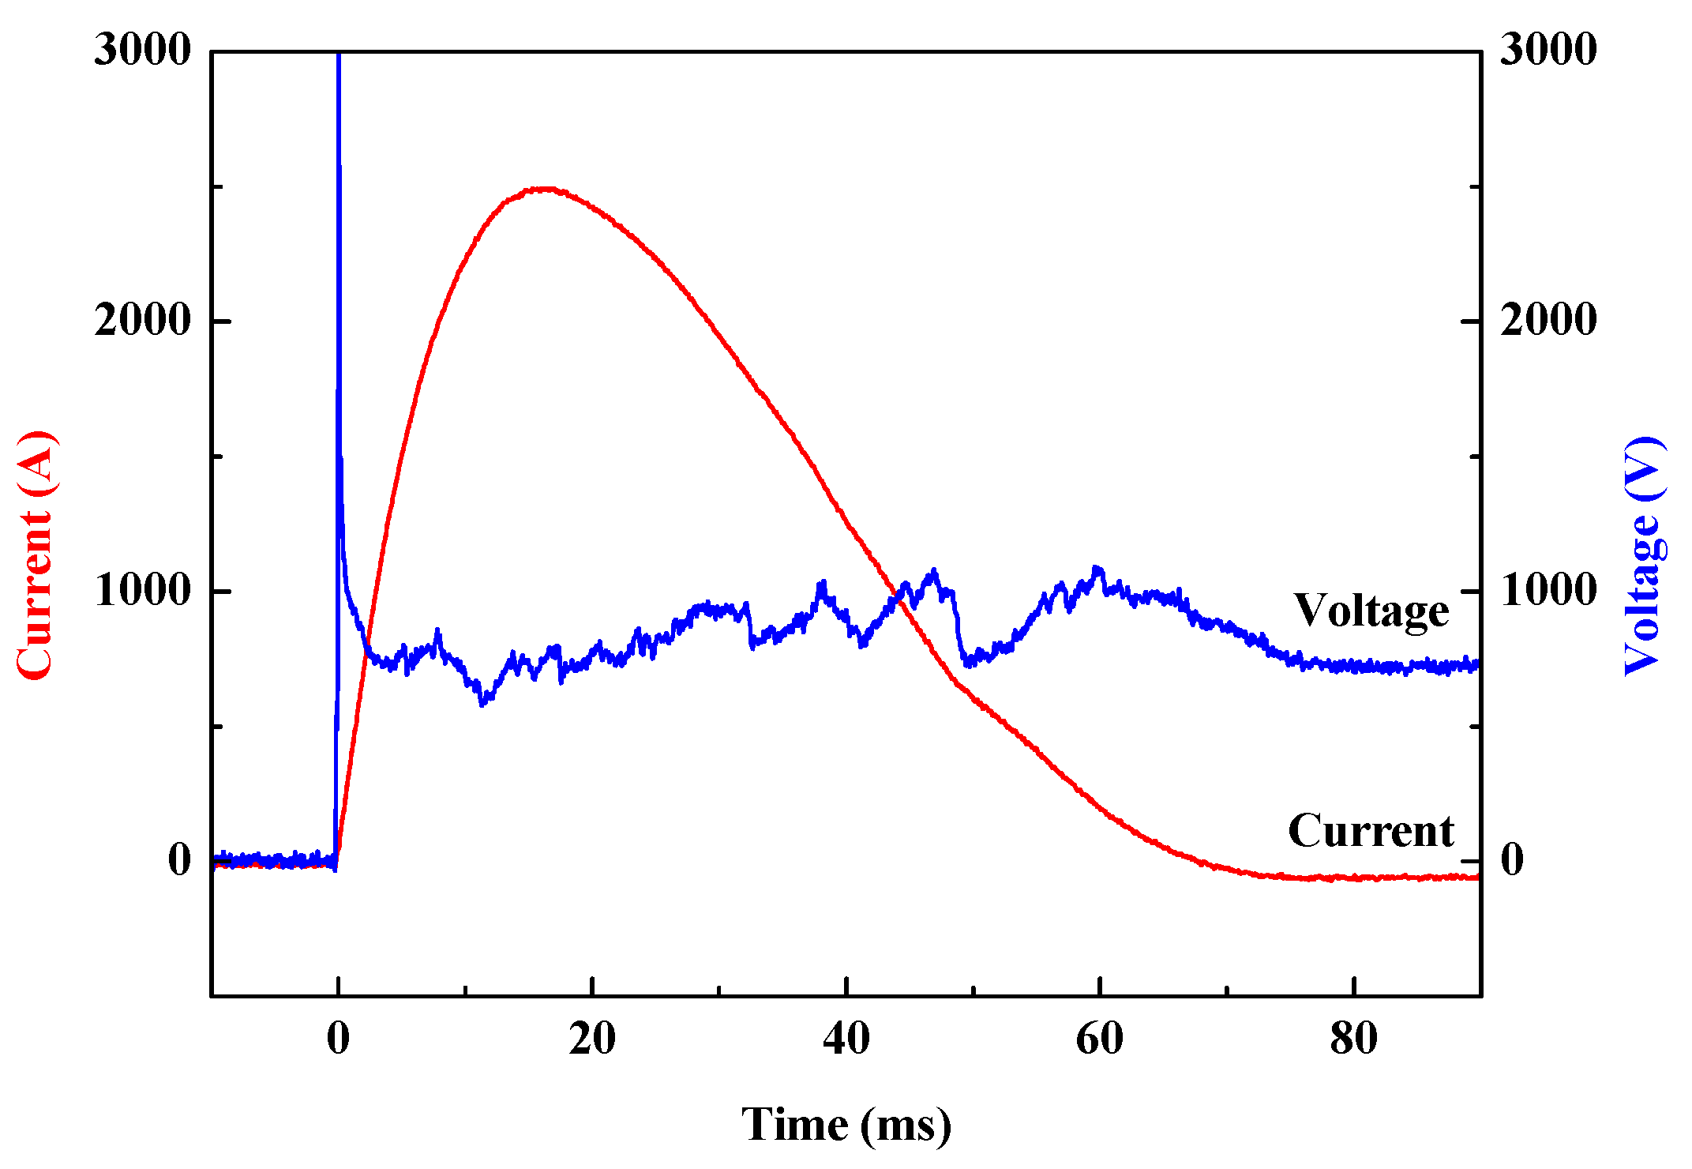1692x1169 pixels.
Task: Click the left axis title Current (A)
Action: click(x=36, y=554)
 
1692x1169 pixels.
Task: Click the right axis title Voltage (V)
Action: click(x=1645, y=554)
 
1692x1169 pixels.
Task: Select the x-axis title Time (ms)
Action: click(x=846, y=1124)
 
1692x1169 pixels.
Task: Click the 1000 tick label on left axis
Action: click(x=142, y=590)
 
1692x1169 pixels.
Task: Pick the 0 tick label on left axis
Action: click(x=180, y=859)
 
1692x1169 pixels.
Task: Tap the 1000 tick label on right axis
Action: click(x=1548, y=590)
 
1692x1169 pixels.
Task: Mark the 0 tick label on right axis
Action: click(x=1512, y=859)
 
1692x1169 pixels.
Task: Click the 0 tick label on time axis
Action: click(x=338, y=1039)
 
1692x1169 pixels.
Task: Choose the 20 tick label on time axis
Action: click(x=592, y=1039)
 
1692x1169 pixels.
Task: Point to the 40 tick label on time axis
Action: click(x=846, y=1039)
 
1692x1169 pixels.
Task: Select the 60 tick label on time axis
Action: click(x=1099, y=1039)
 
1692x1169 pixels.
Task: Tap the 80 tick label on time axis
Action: click(x=1353, y=1039)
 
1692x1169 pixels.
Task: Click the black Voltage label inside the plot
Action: click(x=1371, y=611)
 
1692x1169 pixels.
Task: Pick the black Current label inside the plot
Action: click(x=1371, y=830)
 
